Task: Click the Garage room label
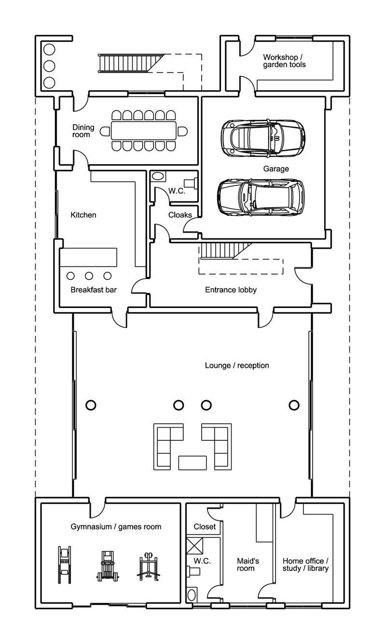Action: [276, 169]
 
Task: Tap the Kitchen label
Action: [83, 215]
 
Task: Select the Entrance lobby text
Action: [231, 290]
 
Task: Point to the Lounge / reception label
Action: [237, 365]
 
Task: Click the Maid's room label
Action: [248, 565]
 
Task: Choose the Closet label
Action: [205, 527]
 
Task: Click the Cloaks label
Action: [180, 215]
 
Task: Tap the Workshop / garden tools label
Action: [284, 61]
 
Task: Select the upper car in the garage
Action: [263, 139]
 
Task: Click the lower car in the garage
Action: [261, 197]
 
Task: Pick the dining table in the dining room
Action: [144, 131]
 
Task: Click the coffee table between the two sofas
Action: [193, 463]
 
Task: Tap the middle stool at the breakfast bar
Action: [89, 276]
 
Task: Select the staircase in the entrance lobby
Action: [225, 251]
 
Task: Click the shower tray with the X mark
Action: [194, 545]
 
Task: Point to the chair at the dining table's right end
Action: [182, 132]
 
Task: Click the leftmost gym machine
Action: [65, 565]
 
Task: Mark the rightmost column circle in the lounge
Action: [294, 405]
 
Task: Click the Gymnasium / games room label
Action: [116, 527]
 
